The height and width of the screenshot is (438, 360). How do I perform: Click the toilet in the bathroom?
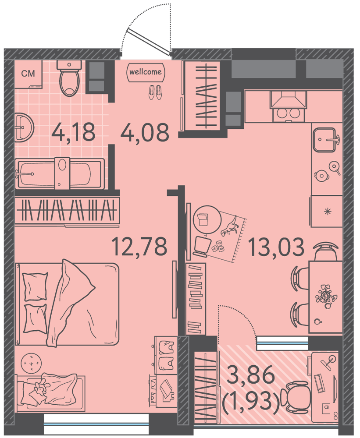(x=69, y=78)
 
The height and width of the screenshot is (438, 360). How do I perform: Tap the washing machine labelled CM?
(x=28, y=74)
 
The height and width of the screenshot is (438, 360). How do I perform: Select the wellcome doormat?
(x=146, y=72)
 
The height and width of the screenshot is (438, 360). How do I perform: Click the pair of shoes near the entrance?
(x=155, y=92)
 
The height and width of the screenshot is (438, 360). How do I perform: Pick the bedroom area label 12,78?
(x=139, y=246)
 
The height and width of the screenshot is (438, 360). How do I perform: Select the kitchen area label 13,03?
(x=276, y=247)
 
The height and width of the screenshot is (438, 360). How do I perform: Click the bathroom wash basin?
(x=24, y=127)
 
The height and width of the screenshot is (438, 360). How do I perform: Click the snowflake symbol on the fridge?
(x=328, y=212)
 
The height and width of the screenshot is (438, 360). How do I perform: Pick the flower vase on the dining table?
(x=326, y=296)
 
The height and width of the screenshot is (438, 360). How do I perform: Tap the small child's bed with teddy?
(x=50, y=393)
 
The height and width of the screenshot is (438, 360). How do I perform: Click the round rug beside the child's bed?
(x=31, y=364)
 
